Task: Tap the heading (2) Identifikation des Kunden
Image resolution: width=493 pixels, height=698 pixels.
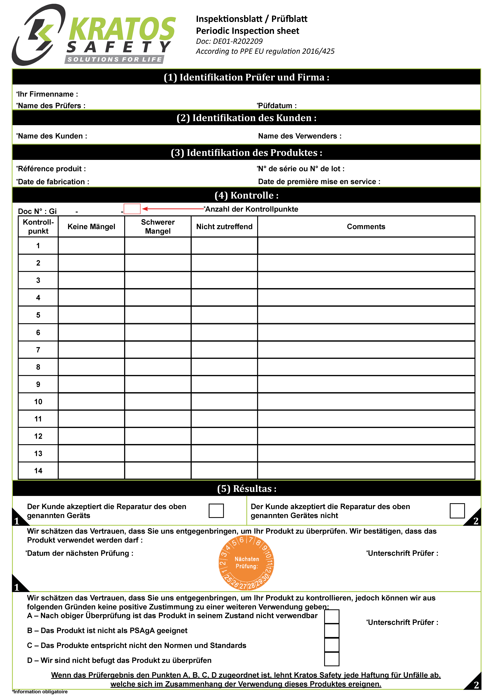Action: (246, 118)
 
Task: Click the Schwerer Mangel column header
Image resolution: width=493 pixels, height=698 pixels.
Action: (158, 227)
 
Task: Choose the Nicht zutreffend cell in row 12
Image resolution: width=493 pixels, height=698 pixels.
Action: (224, 436)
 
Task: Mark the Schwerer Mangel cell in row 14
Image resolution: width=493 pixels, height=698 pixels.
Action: (158, 471)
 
